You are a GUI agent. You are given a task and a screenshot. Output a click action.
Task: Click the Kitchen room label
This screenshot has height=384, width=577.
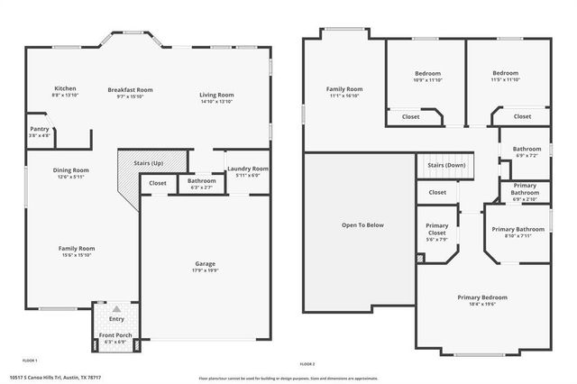pyautogui.click(x=64, y=88)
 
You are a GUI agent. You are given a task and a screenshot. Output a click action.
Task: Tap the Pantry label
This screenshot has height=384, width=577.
pyautogui.click(x=39, y=129)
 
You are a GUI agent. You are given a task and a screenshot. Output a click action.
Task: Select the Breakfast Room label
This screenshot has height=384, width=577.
pyautogui.click(x=131, y=89)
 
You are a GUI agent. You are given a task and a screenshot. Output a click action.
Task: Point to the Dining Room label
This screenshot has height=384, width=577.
pyautogui.click(x=71, y=169)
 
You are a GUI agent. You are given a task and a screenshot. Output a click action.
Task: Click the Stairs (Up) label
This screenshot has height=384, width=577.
pyautogui.click(x=148, y=163)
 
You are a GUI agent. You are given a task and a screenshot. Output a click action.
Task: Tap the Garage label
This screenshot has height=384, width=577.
pyautogui.click(x=206, y=264)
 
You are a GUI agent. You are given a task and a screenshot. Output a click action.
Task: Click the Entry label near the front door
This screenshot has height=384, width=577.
pyautogui.click(x=117, y=318)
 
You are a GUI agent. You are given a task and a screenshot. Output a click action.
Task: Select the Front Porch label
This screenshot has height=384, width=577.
pyautogui.click(x=114, y=336)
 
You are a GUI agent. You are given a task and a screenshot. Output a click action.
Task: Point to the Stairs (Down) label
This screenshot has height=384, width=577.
pyautogui.click(x=446, y=165)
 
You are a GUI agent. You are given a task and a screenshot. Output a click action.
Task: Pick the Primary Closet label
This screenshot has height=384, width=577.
pyautogui.click(x=436, y=229)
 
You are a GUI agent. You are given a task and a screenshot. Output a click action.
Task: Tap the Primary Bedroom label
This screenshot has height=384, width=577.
pyautogui.click(x=481, y=297)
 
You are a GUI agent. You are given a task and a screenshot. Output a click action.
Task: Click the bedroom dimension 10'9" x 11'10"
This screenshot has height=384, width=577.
pyautogui.click(x=427, y=80)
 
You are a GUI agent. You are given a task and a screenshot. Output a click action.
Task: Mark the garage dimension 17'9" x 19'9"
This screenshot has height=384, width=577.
pyautogui.click(x=206, y=270)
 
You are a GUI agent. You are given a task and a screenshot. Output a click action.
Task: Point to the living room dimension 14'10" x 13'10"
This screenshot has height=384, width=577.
pyautogui.click(x=216, y=101)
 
